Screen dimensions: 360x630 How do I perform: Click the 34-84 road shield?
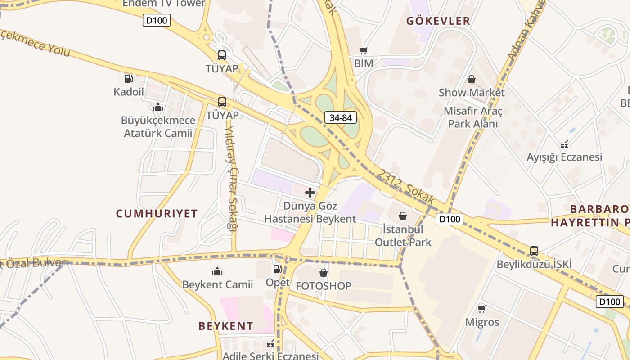[341, 118]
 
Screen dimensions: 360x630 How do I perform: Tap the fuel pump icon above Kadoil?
[128, 79]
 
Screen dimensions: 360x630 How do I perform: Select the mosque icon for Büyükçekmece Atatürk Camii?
[157, 107]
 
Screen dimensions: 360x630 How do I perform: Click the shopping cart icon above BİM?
[363, 50]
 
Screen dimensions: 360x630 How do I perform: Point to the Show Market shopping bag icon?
[471, 79]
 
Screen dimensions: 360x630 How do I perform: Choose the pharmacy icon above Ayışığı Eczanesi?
[564, 144]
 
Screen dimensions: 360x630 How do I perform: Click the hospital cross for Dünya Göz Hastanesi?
[310, 193]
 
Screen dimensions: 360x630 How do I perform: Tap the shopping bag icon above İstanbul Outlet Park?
[403, 216]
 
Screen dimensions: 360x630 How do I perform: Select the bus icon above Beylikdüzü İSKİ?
[534, 251]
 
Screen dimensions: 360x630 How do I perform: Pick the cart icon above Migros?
[482, 309]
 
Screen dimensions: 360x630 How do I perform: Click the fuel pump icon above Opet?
[277, 269]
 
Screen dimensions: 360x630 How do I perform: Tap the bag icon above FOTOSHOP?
[323, 272]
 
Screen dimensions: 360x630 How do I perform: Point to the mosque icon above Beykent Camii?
[217, 271]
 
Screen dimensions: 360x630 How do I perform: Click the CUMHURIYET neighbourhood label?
[157, 213]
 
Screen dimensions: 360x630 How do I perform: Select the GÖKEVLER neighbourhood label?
[438, 21]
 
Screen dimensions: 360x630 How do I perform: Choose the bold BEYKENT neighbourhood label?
[226, 326]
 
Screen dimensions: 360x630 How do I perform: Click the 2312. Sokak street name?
[405, 186]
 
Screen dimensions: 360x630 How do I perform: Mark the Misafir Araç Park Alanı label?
[473, 117]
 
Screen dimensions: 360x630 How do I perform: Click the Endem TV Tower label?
[164, 4]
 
